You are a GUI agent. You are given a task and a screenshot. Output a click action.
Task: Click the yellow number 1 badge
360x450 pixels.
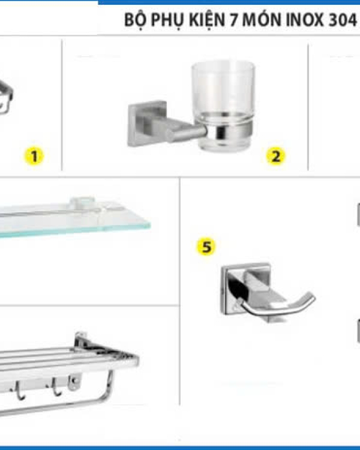(x=34, y=157)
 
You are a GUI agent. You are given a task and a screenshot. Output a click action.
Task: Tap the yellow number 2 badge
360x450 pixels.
(x=275, y=157)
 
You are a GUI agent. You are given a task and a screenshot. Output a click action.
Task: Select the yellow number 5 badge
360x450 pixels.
(x=206, y=247)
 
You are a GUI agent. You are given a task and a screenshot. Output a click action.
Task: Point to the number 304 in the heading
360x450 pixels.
(x=342, y=20)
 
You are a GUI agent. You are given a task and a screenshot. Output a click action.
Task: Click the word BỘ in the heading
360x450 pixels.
(x=134, y=20)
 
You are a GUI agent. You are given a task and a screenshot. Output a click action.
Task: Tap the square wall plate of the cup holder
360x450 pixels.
(x=147, y=124)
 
